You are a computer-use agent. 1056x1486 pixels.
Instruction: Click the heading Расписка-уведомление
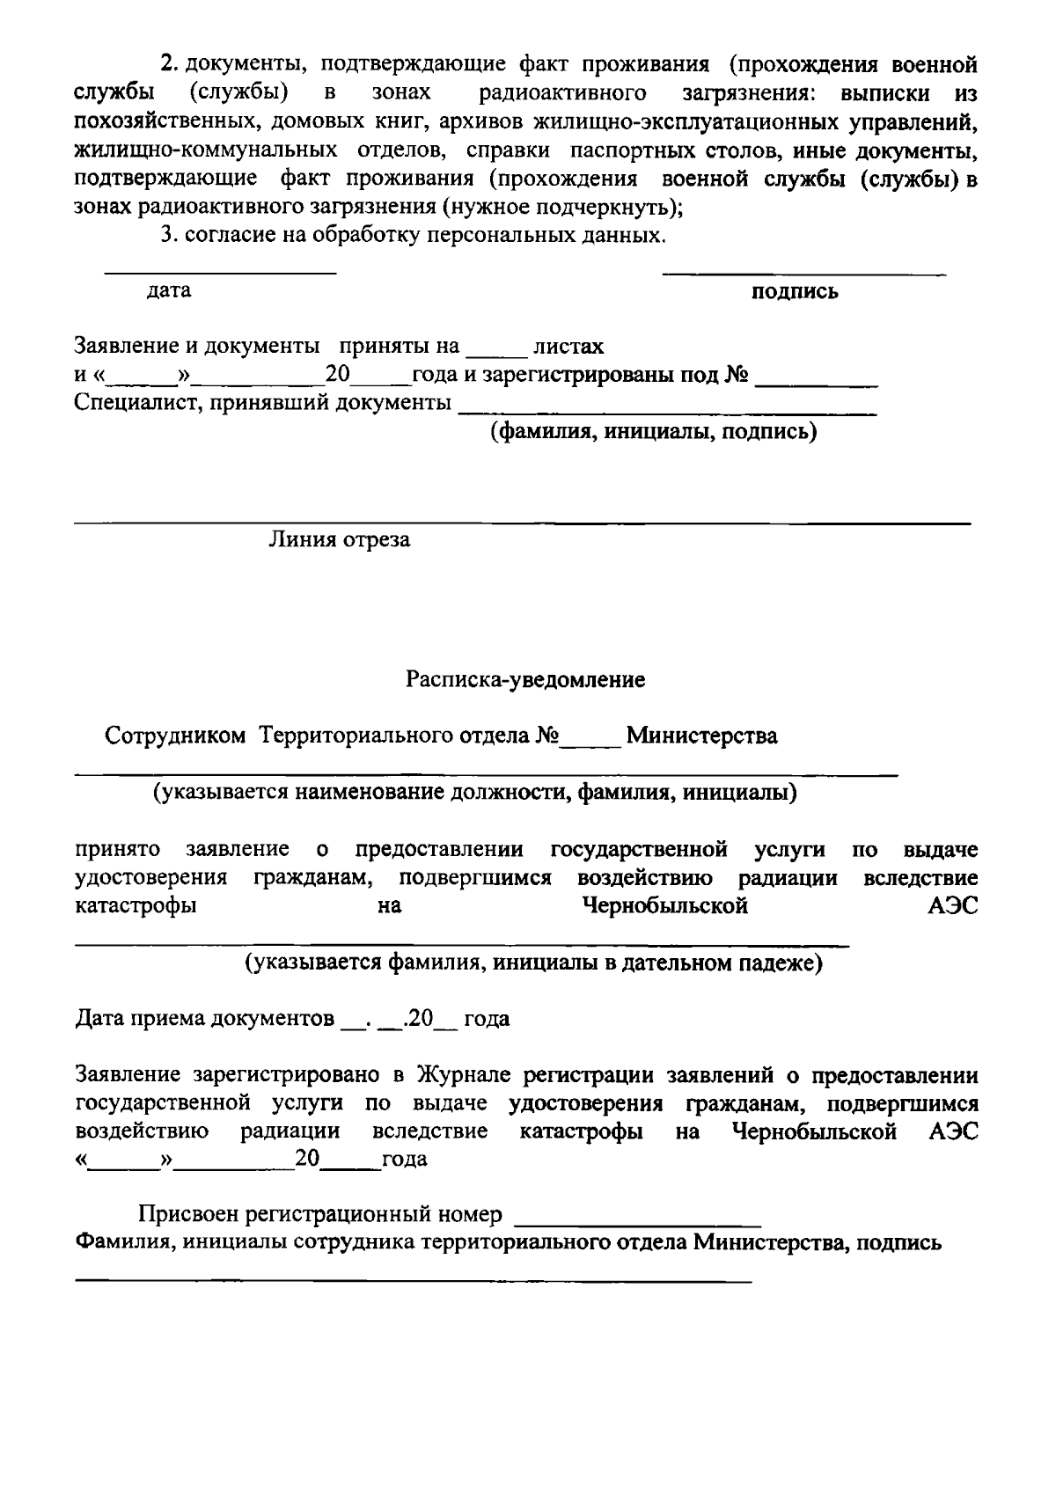(x=525, y=680)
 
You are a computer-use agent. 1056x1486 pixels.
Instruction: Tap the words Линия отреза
(x=339, y=540)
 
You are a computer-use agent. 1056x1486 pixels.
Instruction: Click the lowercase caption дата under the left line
(x=169, y=290)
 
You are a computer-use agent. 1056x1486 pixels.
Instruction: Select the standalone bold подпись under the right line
(x=795, y=292)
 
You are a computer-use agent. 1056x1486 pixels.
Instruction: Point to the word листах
(x=568, y=347)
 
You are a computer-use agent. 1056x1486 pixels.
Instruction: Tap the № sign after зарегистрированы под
(x=737, y=376)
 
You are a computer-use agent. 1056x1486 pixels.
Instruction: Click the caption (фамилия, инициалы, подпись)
(x=653, y=432)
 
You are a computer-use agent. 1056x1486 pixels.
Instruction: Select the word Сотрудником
(x=175, y=736)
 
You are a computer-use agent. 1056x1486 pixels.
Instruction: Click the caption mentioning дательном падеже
(x=533, y=963)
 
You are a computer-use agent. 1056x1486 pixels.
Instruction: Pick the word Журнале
(x=466, y=1076)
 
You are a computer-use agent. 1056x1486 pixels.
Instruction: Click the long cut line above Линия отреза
(x=521, y=524)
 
